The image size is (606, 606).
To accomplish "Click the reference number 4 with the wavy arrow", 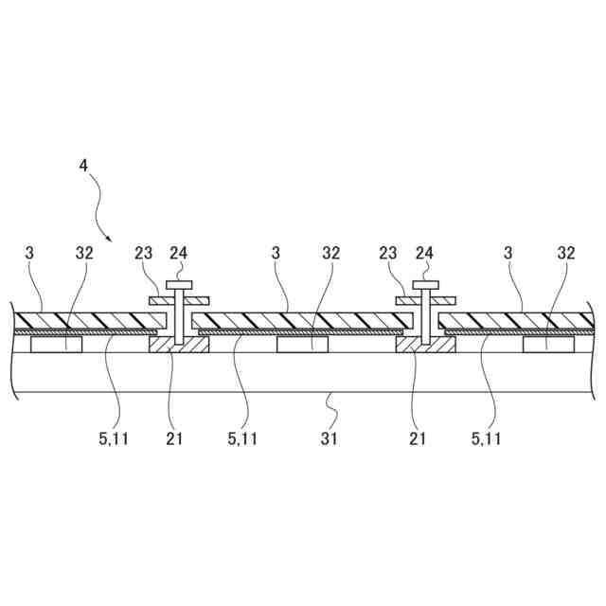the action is coord(83,165).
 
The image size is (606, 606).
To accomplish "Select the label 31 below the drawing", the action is coord(329,438).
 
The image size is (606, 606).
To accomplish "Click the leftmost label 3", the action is coord(29,253).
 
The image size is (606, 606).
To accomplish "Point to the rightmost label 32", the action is coord(566,253).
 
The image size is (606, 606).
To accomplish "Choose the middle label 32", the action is coord(330,253).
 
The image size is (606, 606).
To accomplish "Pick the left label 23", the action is coord(144,253).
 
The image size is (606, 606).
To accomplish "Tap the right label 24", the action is coord(425,253).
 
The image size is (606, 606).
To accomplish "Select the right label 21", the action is coord(418,438).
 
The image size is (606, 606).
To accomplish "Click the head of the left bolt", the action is coord(179,283).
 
